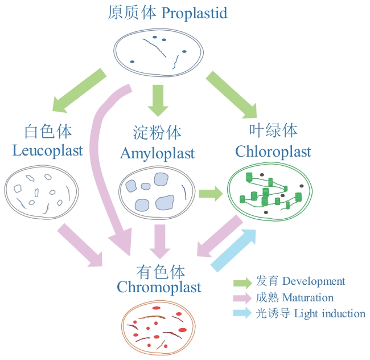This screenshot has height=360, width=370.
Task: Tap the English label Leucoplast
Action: [x=47, y=151]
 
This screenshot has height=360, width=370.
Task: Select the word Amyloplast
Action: [x=157, y=153]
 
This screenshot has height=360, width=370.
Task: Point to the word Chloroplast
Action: [x=273, y=152]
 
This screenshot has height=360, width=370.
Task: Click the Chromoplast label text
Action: [x=159, y=287]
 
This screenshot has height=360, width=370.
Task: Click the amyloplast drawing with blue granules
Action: [x=156, y=193]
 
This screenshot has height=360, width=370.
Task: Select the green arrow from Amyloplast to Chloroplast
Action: [x=210, y=194]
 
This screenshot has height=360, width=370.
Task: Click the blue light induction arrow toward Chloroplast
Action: [x=234, y=249]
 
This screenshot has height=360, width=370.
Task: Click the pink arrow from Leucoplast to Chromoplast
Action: [x=80, y=245]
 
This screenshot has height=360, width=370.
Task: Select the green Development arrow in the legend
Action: [x=243, y=282]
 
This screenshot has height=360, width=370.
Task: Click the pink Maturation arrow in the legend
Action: [x=243, y=298]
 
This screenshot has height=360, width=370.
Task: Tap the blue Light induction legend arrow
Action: [x=243, y=313]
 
